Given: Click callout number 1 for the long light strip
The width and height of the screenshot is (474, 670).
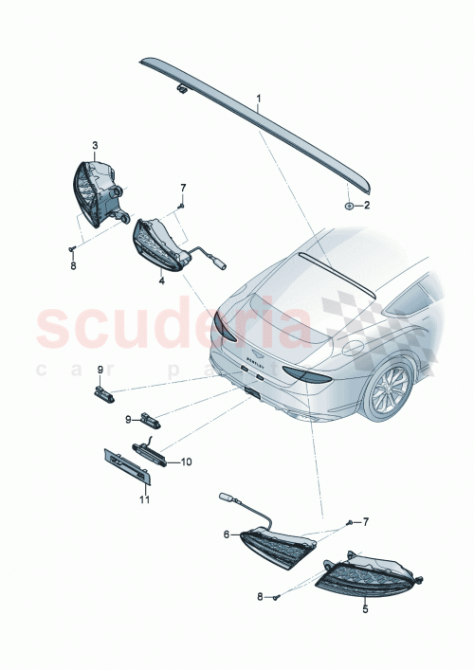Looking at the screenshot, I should pos(258,99).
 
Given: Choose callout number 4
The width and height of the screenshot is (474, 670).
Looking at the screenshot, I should pos(162,281).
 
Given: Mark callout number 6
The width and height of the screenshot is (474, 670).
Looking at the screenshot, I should pos(228,534).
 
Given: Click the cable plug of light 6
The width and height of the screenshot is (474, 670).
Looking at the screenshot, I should pos(227,496).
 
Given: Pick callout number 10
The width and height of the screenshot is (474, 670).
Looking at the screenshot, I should pos(186,462).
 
